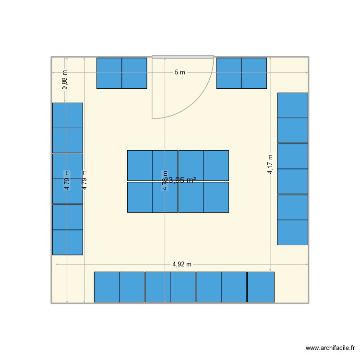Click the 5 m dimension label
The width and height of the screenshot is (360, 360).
click(x=180, y=72)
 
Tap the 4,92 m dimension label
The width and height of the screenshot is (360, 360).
click(x=182, y=264)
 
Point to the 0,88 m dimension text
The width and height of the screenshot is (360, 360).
click(x=65, y=80)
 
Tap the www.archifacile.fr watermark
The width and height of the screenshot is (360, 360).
click(x=330, y=348)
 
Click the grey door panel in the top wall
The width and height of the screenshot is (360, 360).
click(x=183, y=57)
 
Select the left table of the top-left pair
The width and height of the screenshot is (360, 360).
click(x=109, y=73)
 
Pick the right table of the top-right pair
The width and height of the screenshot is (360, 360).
click(x=254, y=73)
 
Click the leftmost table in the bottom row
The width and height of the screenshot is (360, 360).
click(x=107, y=287)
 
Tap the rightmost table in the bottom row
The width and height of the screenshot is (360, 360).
click(x=261, y=287)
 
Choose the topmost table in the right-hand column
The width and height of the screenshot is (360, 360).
click(x=292, y=105)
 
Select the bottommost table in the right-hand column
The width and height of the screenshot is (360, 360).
click(x=292, y=232)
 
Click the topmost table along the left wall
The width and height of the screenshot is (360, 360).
click(x=67, y=115)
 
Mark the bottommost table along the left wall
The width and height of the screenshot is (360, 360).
click(x=67, y=242)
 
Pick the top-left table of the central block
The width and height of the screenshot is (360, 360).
click(x=140, y=165)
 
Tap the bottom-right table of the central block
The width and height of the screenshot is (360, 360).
click(x=216, y=197)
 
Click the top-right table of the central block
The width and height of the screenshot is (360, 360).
click(x=216, y=165)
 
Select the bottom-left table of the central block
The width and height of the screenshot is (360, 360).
click(x=140, y=197)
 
